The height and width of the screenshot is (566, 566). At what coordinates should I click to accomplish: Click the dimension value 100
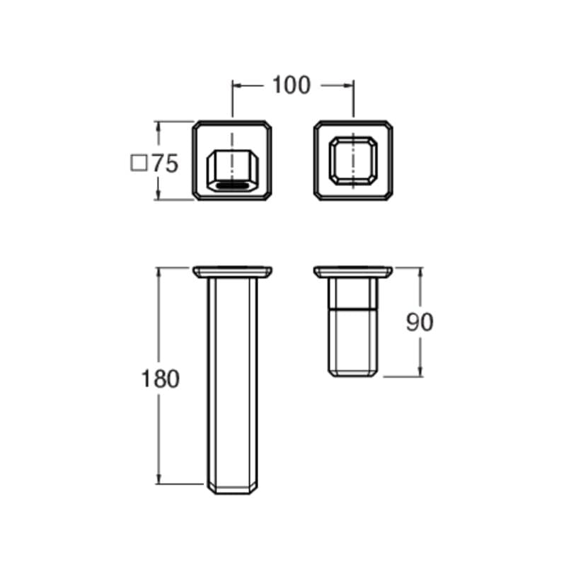coord(291,85)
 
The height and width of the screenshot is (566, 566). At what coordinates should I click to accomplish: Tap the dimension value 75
coord(165,163)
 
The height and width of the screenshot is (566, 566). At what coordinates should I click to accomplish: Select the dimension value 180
coord(160,379)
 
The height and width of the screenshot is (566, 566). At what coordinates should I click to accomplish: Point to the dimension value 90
coord(420,323)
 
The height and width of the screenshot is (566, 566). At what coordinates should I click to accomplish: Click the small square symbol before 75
coord(139,163)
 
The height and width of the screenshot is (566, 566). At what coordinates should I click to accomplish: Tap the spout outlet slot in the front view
coord(232,186)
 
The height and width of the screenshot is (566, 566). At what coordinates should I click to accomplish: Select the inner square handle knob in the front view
coord(353,161)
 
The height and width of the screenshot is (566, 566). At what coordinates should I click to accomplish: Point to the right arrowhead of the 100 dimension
coord(349,86)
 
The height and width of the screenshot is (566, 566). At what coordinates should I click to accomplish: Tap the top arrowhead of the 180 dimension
coord(158,272)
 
